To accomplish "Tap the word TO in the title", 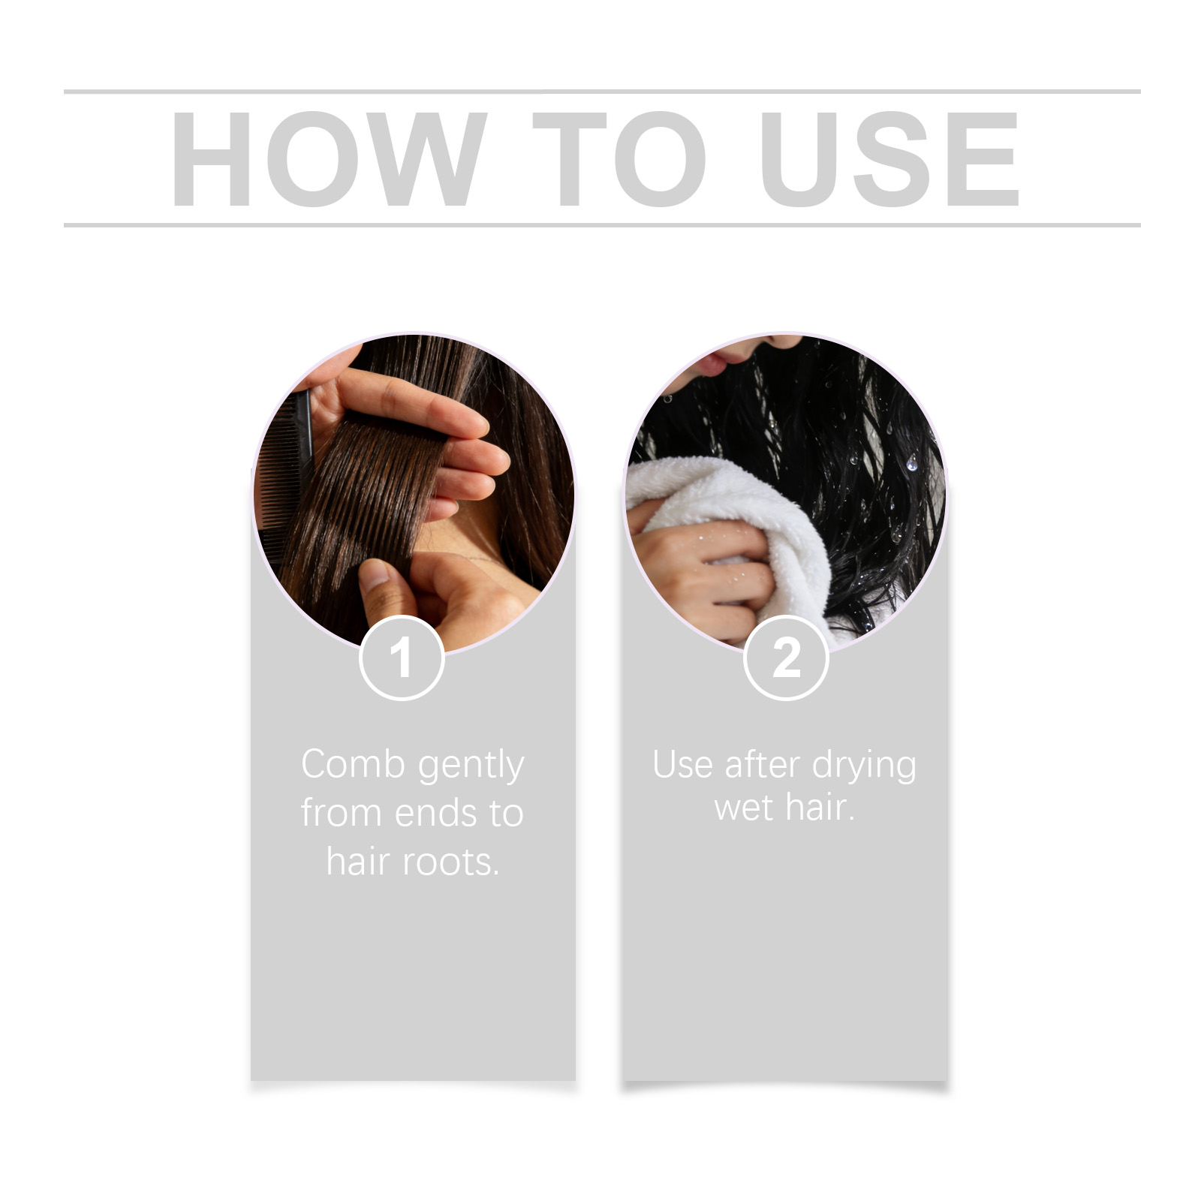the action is coord(619,158).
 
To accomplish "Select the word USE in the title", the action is coord(889,158).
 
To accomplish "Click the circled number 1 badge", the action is coord(402,658).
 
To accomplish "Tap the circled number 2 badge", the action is coord(786,658).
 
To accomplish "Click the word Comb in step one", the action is coord(353,764).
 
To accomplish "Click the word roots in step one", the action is coord(451,862).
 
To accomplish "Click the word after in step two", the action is coord(762,765).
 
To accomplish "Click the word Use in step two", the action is coord(682,765).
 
